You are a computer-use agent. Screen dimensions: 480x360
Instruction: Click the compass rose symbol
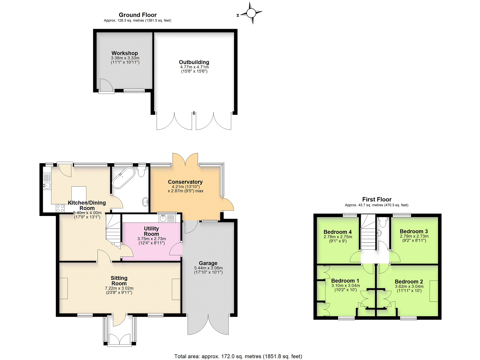pos(251,13)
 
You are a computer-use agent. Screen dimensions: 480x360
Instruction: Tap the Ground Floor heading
pos(137,15)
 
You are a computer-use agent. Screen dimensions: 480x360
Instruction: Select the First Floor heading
pos(376,199)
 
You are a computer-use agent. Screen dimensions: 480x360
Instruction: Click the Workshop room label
pos(124,53)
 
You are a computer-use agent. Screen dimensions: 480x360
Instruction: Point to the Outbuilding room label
pos(194,62)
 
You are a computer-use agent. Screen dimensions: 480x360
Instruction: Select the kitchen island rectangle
pos(79,194)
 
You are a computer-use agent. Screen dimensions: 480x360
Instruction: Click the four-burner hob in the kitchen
pos(60,208)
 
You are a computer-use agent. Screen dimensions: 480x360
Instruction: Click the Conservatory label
pos(185,182)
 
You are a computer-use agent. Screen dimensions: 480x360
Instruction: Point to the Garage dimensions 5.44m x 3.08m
pos(208,268)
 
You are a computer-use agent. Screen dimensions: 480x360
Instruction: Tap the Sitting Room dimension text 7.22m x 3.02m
pos(119,288)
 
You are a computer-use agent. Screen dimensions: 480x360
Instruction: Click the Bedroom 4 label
pos(337,232)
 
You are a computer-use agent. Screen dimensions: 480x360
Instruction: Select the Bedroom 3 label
pos(414,231)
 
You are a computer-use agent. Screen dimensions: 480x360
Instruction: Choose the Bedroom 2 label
pos(409,281)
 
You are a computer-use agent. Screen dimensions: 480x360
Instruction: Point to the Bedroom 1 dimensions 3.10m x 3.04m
pos(346,286)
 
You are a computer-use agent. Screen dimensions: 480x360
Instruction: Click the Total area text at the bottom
pos(238,356)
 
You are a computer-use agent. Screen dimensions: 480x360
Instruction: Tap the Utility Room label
pos(151,231)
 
